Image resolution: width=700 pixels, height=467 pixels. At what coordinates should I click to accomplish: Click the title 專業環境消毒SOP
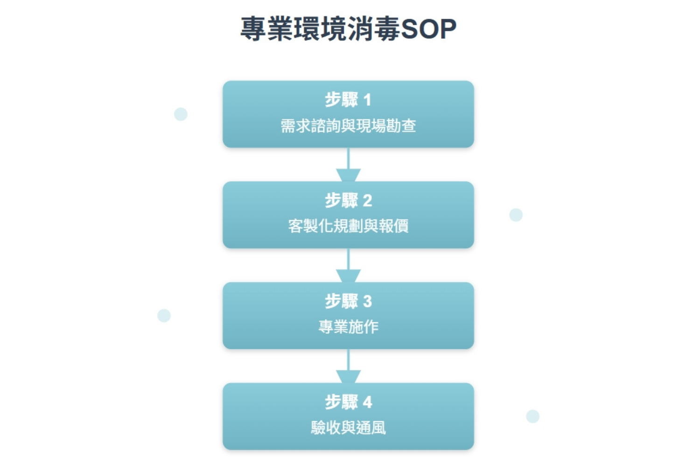pyautogui.click(x=348, y=28)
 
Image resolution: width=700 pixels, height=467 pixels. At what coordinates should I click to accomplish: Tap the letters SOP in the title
pyautogui.click(x=428, y=29)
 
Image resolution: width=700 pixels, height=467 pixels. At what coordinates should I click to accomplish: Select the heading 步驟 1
pyautogui.click(x=348, y=99)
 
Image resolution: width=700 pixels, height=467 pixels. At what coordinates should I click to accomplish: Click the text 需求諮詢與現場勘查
pyautogui.click(x=348, y=126)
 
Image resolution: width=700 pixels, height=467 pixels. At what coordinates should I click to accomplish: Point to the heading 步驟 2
pyautogui.click(x=348, y=200)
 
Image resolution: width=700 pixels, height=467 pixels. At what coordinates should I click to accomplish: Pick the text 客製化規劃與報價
pyautogui.click(x=348, y=226)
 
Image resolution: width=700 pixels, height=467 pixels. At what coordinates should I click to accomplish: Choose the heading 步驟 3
pyautogui.click(x=348, y=301)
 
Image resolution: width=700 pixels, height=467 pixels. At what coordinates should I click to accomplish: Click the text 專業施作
pyautogui.click(x=348, y=327)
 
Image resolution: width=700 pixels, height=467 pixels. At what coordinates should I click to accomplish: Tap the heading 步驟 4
pyautogui.click(x=348, y=402)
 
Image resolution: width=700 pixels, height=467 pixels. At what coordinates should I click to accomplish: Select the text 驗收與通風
pyautogui.click(x=348, y=427)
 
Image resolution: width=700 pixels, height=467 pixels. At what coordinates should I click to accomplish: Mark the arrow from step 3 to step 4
pyautogui.click(x=348, y=368)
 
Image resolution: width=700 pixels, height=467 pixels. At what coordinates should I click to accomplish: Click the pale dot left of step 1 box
pyautogui.click(x=181, y=114)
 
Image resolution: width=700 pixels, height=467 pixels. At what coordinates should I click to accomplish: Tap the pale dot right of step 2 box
pyautogui.click(x=516, y=215)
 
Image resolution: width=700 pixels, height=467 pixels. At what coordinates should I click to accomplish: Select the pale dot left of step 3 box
pyautogui.click(x=164, y=316)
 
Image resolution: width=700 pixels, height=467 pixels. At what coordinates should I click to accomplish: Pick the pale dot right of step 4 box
pyautogui.click(x=532, y=416)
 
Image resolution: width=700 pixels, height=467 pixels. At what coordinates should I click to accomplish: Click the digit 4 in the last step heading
pyautogui.click(x=367, y=402)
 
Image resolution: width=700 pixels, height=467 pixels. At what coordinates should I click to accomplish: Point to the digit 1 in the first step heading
pyautogui.click(x=367, y=100)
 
